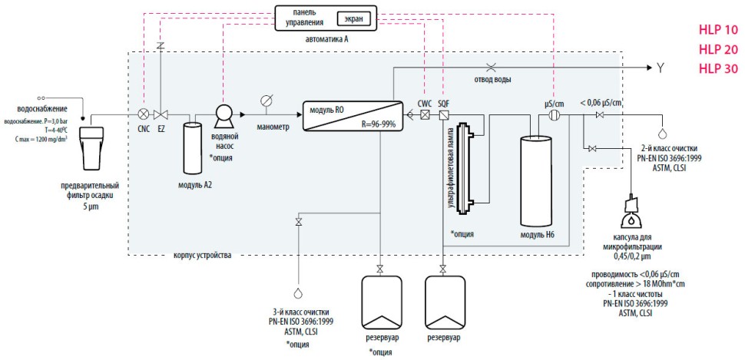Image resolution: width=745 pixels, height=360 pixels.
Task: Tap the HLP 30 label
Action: point(717,68)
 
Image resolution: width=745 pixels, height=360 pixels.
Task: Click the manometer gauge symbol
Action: point(267,101)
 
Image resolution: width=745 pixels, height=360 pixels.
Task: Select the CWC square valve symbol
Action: point(425,115)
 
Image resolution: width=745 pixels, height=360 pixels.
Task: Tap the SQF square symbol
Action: point(443,115)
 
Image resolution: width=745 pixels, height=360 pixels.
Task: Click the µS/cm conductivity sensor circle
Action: point(555,115)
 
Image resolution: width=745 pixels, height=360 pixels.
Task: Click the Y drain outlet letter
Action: point(658,68)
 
